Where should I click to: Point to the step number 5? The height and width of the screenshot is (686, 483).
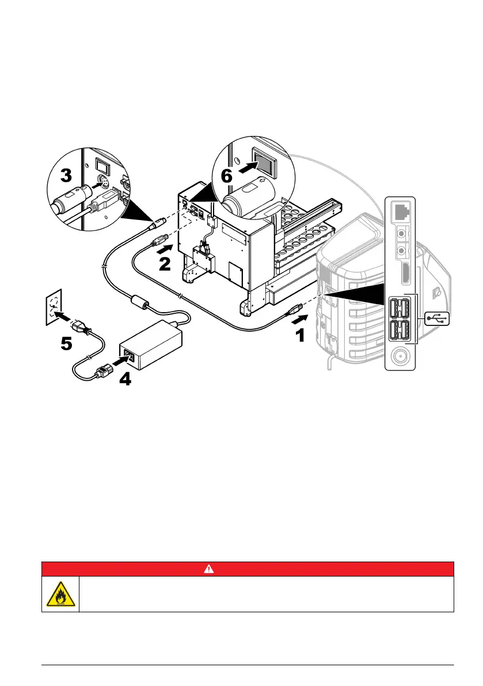66,343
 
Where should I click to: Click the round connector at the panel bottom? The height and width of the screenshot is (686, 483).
399,357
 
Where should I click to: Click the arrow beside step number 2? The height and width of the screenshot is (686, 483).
164,248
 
